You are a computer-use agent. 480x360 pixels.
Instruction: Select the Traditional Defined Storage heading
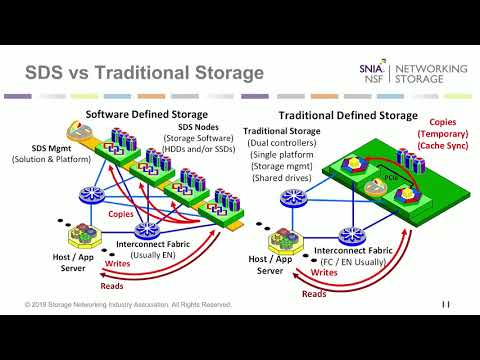coord(347,115)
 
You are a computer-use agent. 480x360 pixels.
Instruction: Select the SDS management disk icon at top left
coord(72,130)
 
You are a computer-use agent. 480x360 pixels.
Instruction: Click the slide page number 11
coord(444,303)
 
